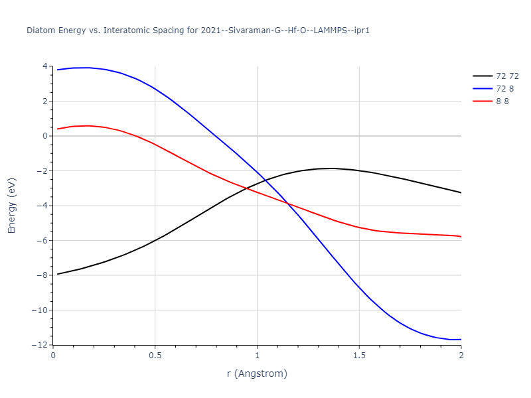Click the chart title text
[x=198, y=31]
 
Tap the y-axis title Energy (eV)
[x=11, y=206]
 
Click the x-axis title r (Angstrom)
[x=257, y=374]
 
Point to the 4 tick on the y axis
[x=44, y=66]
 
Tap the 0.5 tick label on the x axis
[x=155, y=356]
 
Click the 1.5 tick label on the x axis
[x=359, y=356]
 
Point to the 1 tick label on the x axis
[x=257, y=356]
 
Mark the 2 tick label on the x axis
[x=461, y=356]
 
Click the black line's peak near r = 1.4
[x=333, y=168]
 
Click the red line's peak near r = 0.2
[x=89, y=125]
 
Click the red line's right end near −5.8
[x=461, y=237]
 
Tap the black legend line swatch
[x=482, y=76]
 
